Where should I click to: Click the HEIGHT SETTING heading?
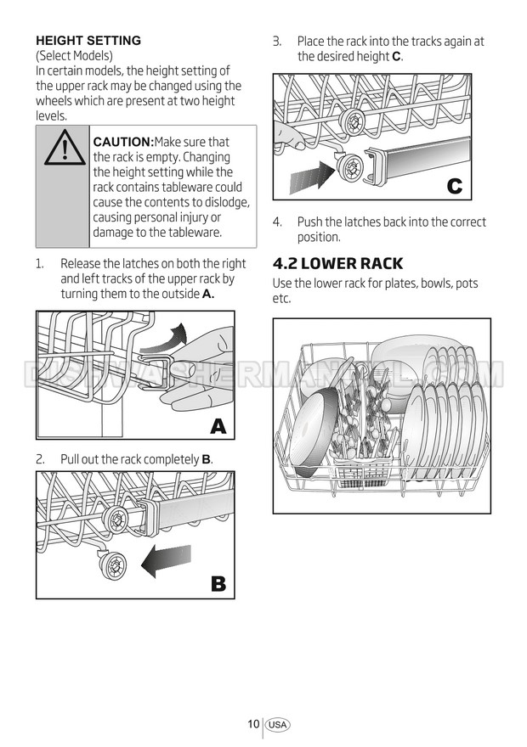(x=88, y=41)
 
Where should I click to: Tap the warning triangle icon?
(x=64, y=149)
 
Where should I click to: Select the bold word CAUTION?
(x=122, y=142)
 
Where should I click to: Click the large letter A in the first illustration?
(x=218, y=426)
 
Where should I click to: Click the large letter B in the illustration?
(x=218, y=584)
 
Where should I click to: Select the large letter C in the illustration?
(x=455, y=186)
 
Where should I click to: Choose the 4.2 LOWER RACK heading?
(x=337, y=263)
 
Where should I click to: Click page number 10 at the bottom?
(x=252, y=724)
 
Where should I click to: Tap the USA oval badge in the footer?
(x=277, y=725)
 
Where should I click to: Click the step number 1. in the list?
(x=40, y=264)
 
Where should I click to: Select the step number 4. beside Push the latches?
(x=277, y=222)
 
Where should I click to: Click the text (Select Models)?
(x=74, y=55)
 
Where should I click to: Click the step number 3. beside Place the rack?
(x=277, y=42)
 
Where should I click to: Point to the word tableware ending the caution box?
(x=193, y=233)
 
